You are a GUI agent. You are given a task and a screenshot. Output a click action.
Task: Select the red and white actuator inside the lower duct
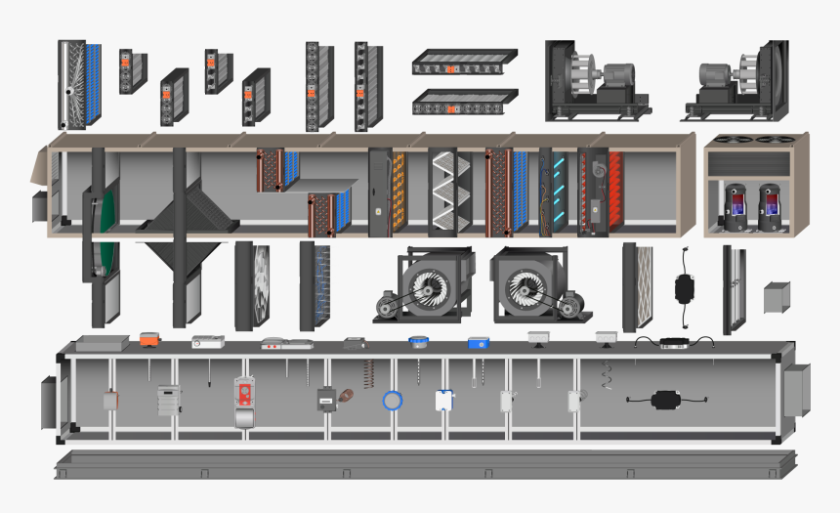pos(245,394)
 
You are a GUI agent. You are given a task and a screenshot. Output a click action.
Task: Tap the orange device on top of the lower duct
pos(149,339)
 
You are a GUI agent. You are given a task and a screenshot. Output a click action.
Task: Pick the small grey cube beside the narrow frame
pos(777,296)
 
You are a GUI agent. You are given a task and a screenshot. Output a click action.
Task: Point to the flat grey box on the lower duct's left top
pos(103,343)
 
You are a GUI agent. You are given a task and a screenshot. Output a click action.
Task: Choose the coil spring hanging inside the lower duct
pos(368,373)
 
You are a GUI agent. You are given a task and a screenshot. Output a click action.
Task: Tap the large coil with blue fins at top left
pos(80,85)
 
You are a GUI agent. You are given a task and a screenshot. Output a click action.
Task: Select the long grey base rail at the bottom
pos(426,465)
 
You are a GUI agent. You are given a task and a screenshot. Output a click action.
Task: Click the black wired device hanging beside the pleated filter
pos(686,287)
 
